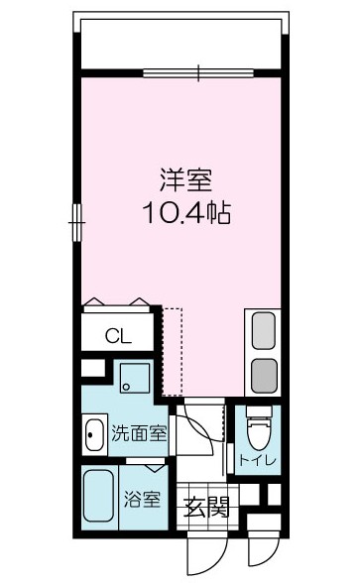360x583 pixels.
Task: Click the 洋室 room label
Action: point(185,182)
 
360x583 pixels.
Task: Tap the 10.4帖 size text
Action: point(185,213)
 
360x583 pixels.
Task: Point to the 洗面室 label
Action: point(138,432)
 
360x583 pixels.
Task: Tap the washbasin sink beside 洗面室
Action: point(94,433)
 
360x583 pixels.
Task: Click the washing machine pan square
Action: point(132,378)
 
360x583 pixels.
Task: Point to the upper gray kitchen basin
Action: point(264,331)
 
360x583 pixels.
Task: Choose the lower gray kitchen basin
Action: point(264,376)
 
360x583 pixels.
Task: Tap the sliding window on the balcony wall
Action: point(197,71)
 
